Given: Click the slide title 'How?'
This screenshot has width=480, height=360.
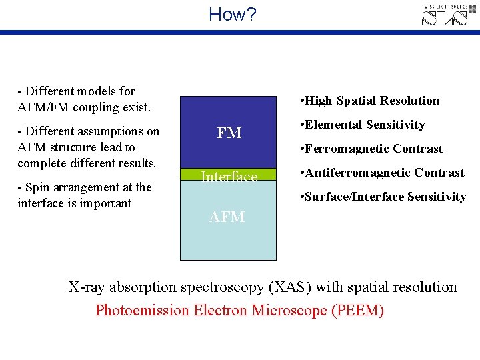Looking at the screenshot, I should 232,14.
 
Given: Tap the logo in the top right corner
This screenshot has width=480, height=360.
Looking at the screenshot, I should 449,15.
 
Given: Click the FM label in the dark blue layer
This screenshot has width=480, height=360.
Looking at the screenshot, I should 229,133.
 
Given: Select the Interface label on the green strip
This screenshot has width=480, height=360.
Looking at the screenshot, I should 229,177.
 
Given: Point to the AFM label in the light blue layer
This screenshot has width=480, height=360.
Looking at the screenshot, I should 227,217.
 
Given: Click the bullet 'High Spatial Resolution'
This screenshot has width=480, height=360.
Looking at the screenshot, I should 370,101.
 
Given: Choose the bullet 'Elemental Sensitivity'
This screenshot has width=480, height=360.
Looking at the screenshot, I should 363,125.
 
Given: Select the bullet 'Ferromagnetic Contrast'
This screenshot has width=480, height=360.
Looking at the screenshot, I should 371,149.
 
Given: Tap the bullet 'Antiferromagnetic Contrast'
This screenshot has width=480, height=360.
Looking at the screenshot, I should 382,173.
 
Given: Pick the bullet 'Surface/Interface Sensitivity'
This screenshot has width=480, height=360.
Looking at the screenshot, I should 383,197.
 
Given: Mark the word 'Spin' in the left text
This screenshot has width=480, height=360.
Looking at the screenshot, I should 35,187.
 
